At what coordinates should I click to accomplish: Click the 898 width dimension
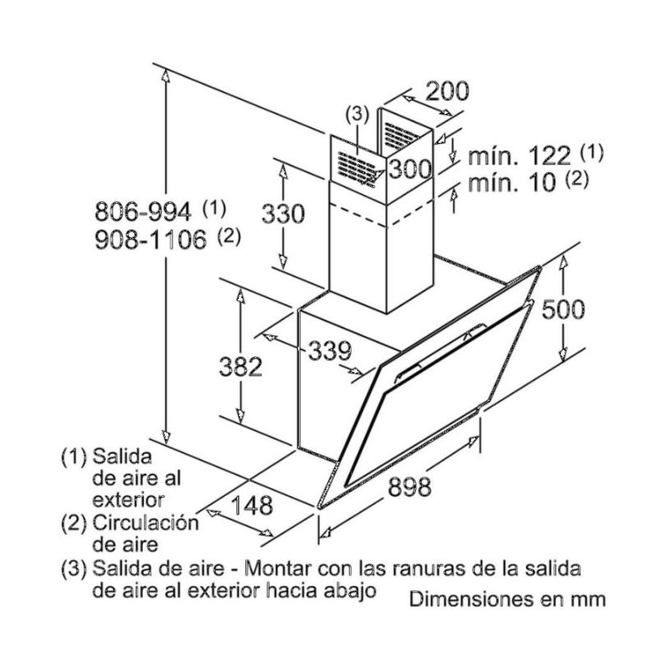click(x=409, y=487)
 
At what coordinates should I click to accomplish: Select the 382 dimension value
click(x=241, y=366)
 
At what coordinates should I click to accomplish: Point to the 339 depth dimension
click(x=329, y=351)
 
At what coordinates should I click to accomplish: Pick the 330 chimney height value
click(x=283, y=215)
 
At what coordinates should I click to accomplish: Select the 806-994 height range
click(x=143, y=212)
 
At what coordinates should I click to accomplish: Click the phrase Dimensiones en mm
click(x=508, y=599)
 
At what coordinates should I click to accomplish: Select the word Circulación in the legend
click(x=146, y=522)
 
